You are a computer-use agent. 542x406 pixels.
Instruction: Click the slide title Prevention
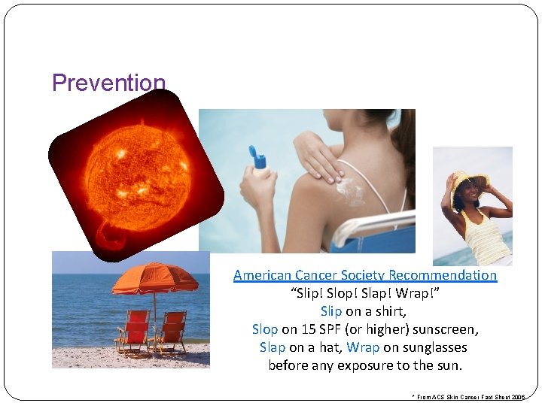(x=108, y=83)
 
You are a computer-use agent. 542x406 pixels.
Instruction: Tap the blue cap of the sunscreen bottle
(x=259, y=159)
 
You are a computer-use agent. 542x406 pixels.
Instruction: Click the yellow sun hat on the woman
(x=469, y=181)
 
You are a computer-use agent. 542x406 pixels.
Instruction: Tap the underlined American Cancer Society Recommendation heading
(x=365, y=275)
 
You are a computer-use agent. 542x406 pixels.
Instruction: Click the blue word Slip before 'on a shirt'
(x=331, y=311)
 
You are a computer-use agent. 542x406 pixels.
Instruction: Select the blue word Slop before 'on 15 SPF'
(x=265, y=329)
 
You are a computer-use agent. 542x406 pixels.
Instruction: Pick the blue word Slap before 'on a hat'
(x=273, y=347)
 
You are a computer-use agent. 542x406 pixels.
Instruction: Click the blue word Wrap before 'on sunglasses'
(x=363, y=347)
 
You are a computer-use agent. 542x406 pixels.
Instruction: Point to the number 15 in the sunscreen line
(x=308, y=329)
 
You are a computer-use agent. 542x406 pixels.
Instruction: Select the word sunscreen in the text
(x=444, y=329)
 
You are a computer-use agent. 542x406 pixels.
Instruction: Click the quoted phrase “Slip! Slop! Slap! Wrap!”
(x=365, y=293)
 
